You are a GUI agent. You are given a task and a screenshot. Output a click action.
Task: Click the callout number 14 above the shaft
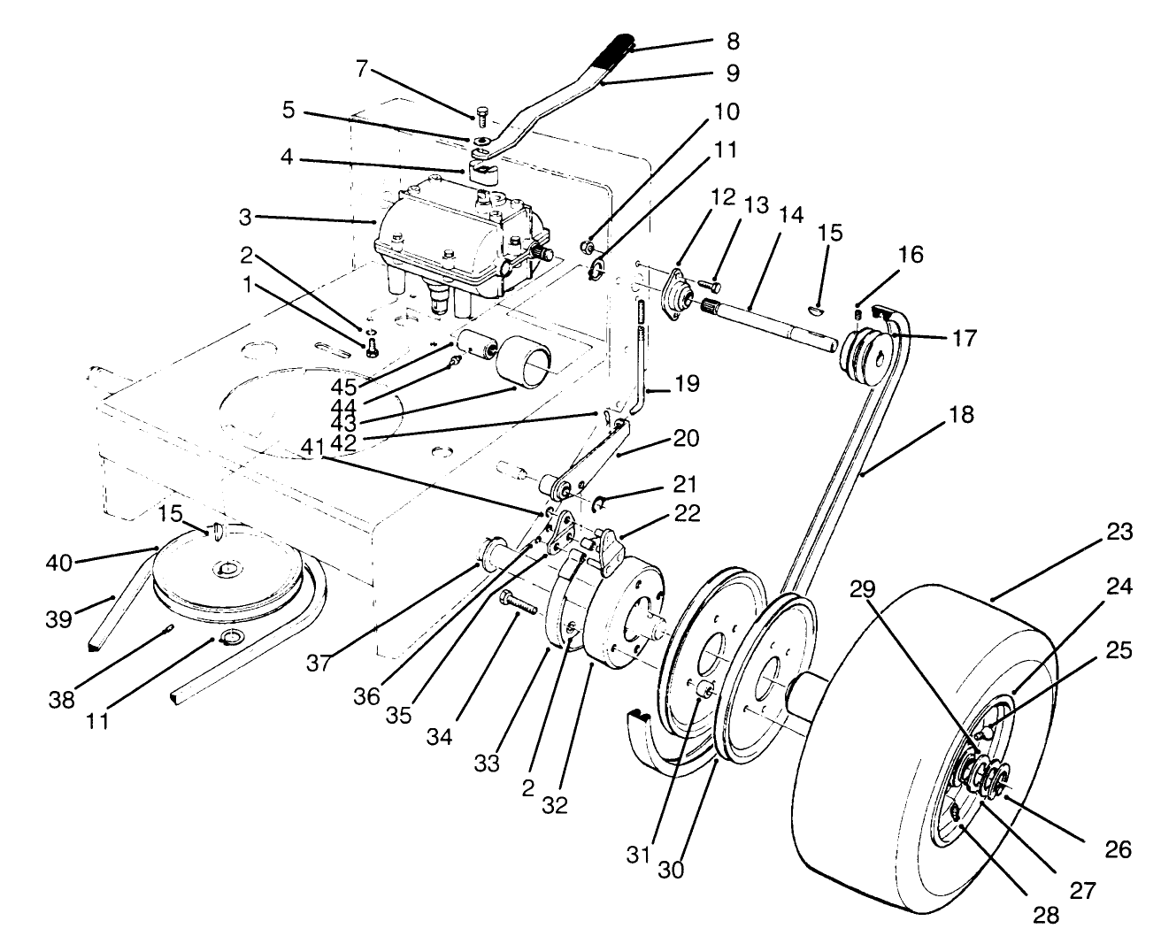[x=791, y=214]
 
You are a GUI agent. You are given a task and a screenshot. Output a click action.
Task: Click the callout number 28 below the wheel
[x=1046, y=915]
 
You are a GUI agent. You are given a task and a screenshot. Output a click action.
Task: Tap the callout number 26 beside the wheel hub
[x=1118, y=848]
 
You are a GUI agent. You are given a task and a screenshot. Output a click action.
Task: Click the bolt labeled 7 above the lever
[x=482, y=113]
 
